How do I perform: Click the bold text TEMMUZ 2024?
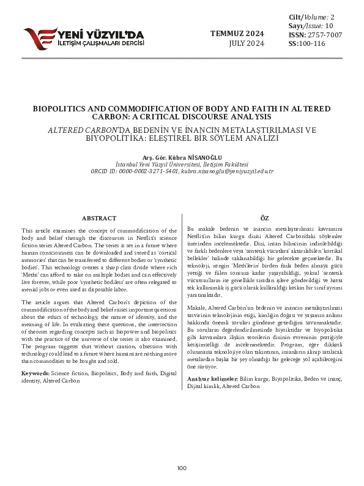click(x=238, y=33)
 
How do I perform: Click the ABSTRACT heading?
click(x=99, y=218)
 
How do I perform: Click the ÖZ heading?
click(x=265, y=218)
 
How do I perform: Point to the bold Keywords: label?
click(x=35, y=373)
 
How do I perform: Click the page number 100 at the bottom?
click(x=182, y=468)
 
